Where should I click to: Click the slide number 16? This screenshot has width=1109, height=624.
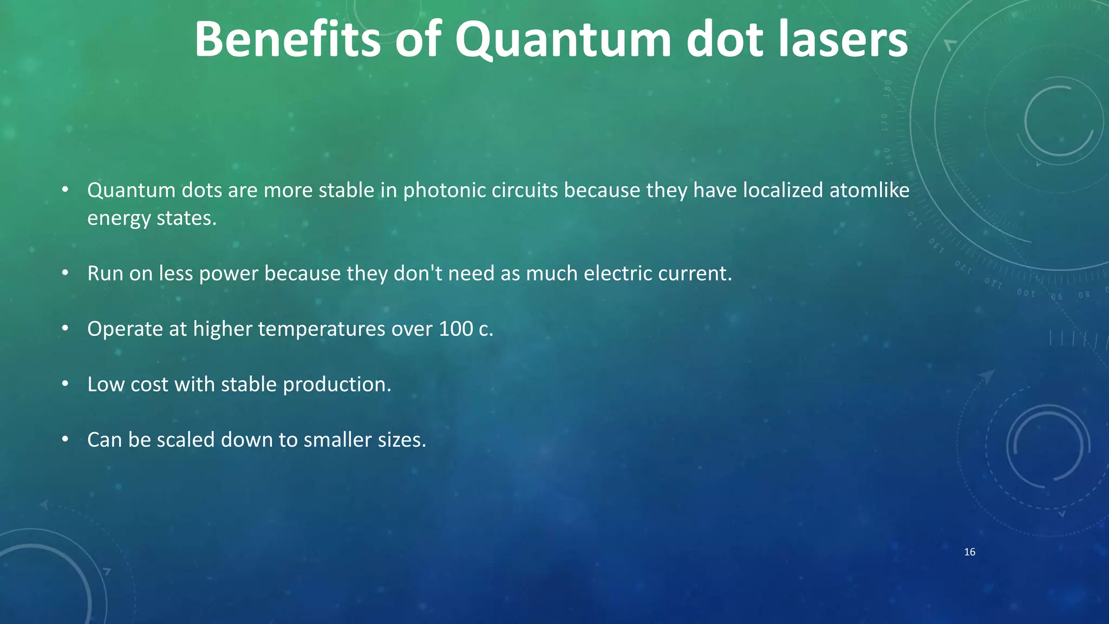tap(970, 552)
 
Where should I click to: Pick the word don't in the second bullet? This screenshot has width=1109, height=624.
tap(417, 274)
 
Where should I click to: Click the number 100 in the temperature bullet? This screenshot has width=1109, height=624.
tap(455, 329)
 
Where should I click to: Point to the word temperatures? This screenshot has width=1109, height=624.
tap(321, 329)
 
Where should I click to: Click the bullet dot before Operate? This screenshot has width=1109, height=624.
tap(65, 328)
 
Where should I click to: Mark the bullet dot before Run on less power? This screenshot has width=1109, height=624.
tap(65, 272)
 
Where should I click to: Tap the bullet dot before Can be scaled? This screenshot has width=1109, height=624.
tap(65, 439)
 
